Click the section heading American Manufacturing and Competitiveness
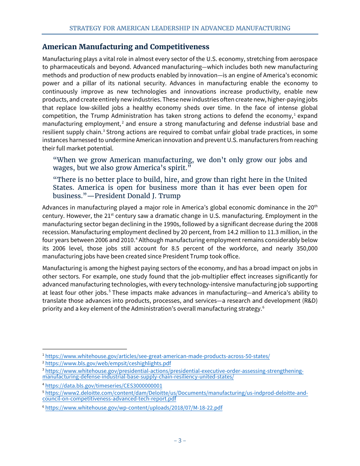(125, 47)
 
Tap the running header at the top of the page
(180, 28)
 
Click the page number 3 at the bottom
(180, 440)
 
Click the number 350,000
(304, 248)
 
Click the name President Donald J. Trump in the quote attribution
(137, 196)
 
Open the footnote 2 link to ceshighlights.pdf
(108, 363)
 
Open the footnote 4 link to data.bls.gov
(103, 386)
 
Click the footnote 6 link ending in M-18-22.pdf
(134, 408)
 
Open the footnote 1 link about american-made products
(157, 356)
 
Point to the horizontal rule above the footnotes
(85, 349)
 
